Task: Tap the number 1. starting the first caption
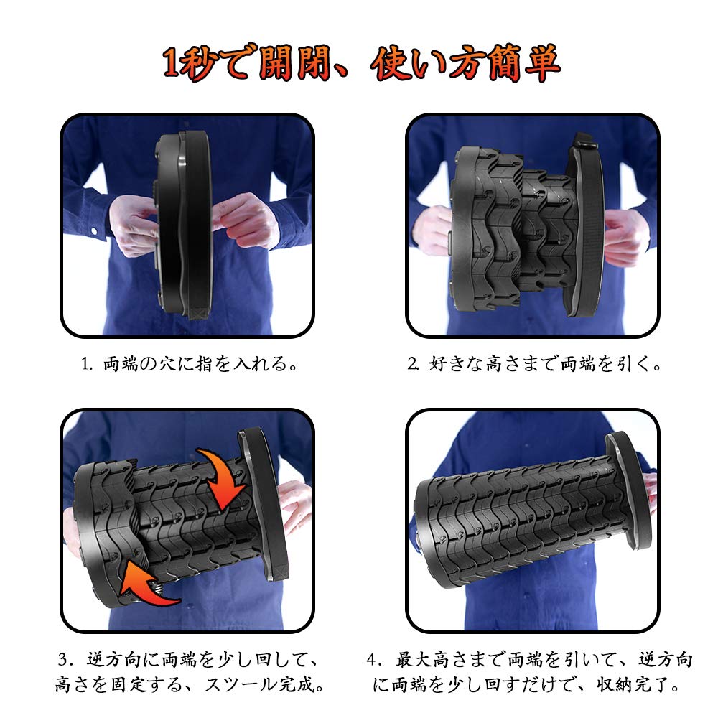tap(87, 364)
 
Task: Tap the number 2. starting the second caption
tap(414, 364)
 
